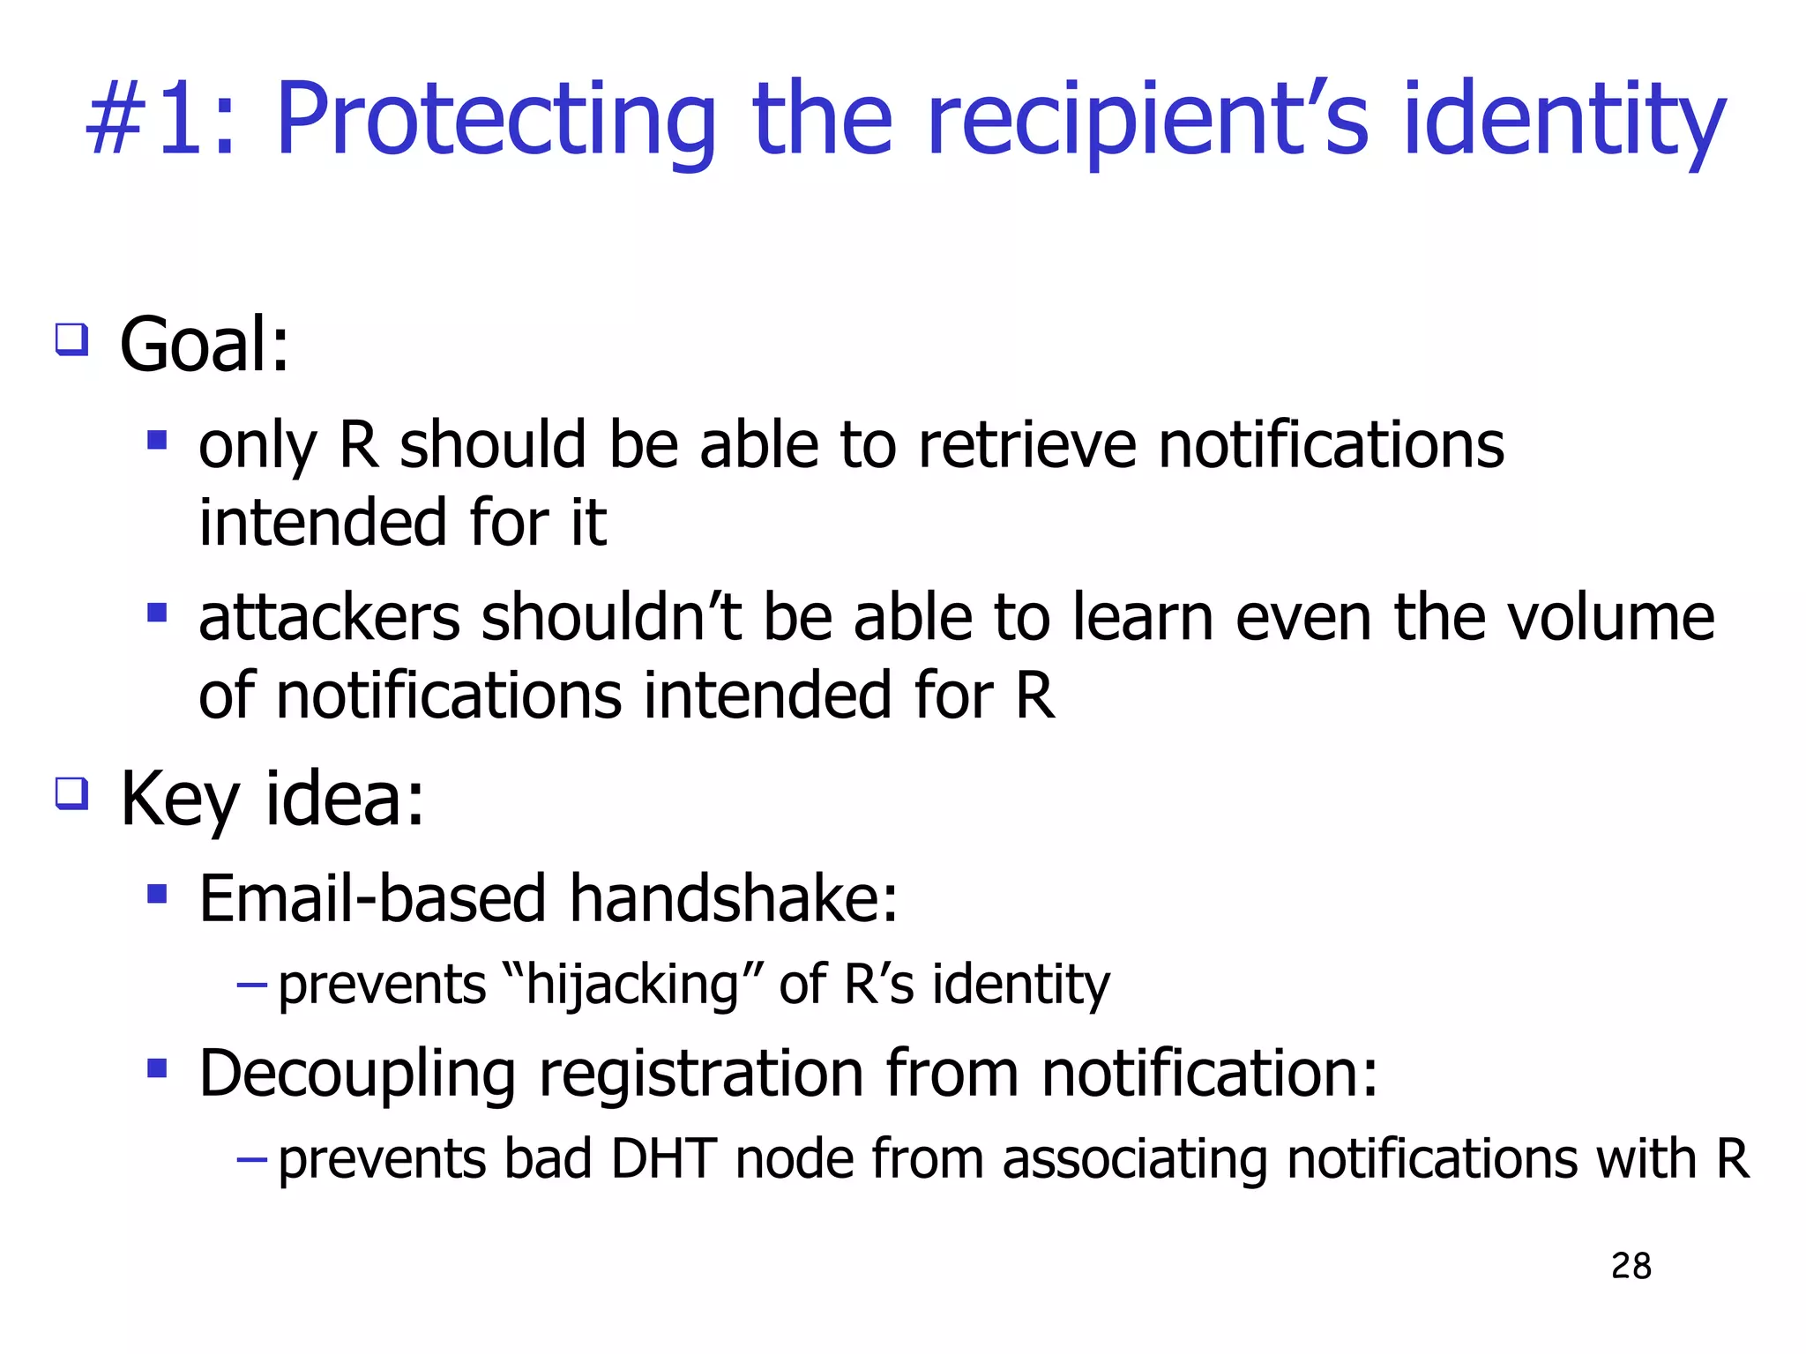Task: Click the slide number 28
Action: pos(1631,1266)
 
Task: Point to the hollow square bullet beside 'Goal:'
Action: pos(72,338)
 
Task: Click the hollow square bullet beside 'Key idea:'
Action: pos(72,792)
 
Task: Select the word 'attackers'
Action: pos(329,618)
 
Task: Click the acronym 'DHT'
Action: pos(663,1158)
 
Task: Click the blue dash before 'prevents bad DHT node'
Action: pos(252,1158)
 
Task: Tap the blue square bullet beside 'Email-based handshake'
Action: pos(157,895)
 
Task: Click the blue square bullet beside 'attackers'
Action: pos(157,612)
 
